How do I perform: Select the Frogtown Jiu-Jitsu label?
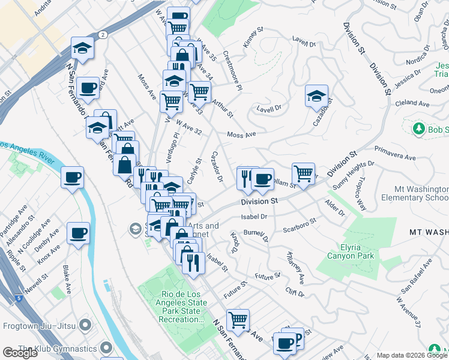pyautogui.click(x=41, y=326)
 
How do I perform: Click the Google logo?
pyautogui.click(x=20, y=353)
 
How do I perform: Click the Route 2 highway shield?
pyautogui.click(x=104, y=35)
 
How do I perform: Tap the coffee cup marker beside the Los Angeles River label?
pyautogui.click(x=72, y=178)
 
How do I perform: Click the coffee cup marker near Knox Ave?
pyautogui.click(x=79, y=233)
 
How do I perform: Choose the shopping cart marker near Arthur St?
pyautogui.click(x=199, y=92)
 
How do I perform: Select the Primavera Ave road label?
pyautogui.click(x=394, y=153)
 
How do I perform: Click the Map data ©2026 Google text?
pyautogui.click(x=411, y=355)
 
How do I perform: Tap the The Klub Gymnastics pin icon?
pyautogui.click(x=106, y=348)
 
